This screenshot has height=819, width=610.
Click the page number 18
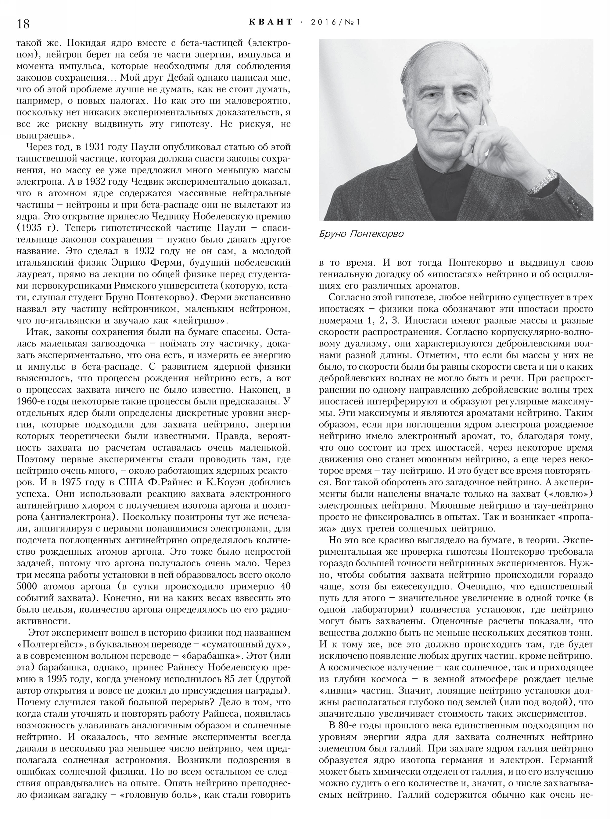(x=23, y=24)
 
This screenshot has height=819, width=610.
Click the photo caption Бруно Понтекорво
(x=361, y=234)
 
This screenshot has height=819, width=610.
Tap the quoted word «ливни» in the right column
(x=336, y=691)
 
